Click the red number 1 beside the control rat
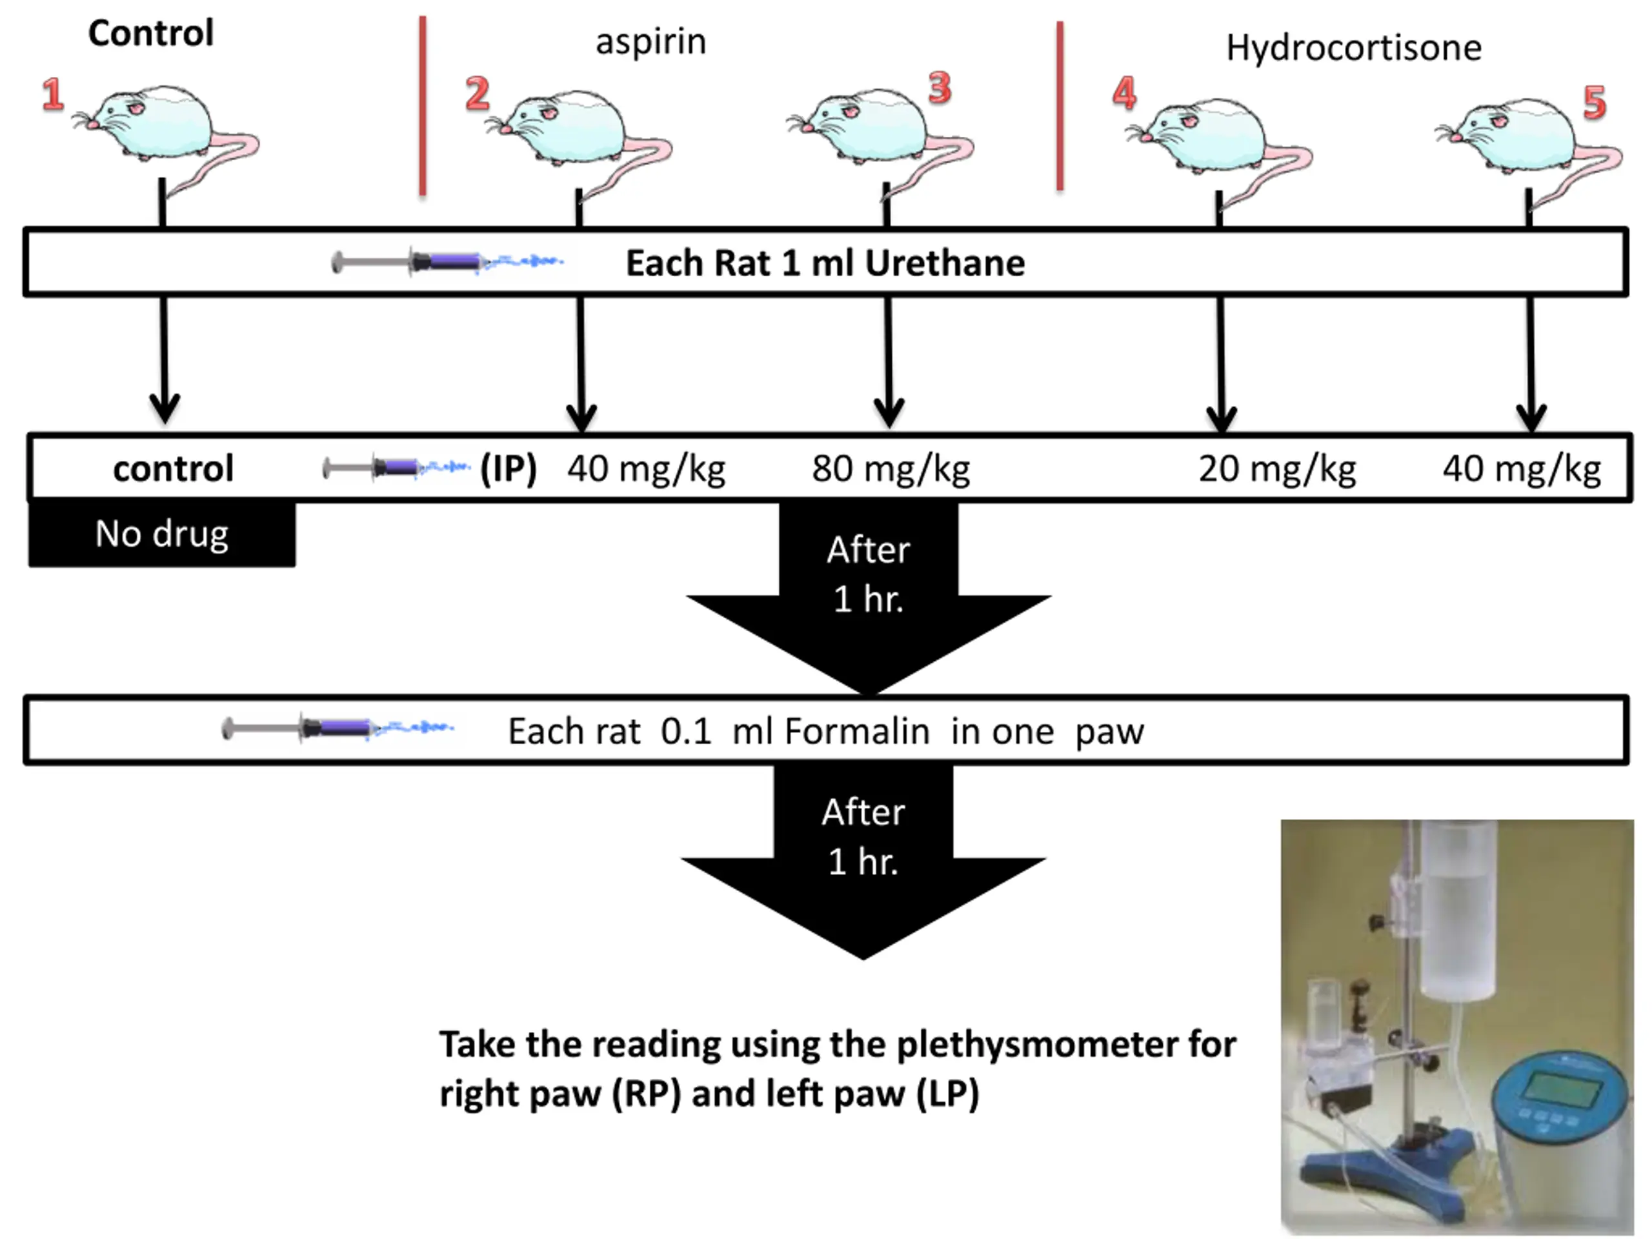(52, 95)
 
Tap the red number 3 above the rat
(940, 88)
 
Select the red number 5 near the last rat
(1594, 103)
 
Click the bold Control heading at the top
(151, 34)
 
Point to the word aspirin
(650, 42)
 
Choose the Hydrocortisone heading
(1353, 48)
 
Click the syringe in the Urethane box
(446, 262)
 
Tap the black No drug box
(161, 534)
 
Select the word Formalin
(856, 731)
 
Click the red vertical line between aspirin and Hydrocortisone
(1060, 106)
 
